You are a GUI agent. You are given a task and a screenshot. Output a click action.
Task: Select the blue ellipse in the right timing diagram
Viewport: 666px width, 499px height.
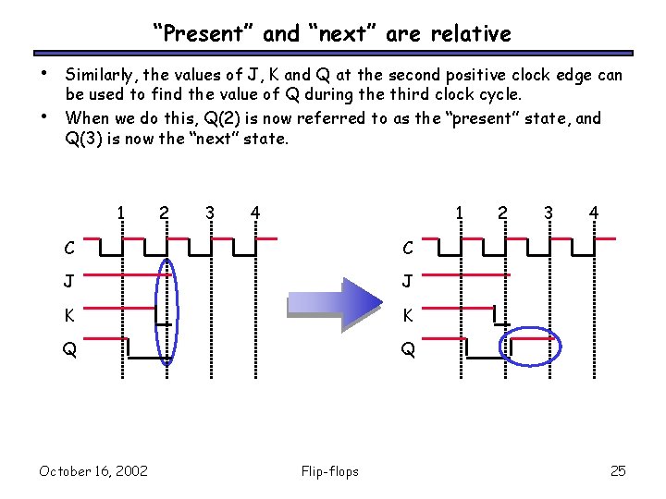pyautogui.click(x=529, y=346)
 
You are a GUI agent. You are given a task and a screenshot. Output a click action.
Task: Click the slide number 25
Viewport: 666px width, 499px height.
pyautogui.click(x=618, y=471)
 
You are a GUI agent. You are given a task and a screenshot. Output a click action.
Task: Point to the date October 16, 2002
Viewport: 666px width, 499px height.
pyautogui.click(x=93, y=471)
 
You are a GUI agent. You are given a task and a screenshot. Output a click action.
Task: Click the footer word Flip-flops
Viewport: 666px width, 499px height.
pyautogui.click(x=330, y=471)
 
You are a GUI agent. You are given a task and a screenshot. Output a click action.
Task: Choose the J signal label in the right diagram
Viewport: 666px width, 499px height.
pyautogui.click(x=407, y=282)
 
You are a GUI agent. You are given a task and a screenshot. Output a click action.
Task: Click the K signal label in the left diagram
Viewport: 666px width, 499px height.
pyautogui.click(x=70, y=316)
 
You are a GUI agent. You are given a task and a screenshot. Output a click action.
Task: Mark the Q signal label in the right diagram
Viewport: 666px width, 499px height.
pyautogui.click(x=408, y=350)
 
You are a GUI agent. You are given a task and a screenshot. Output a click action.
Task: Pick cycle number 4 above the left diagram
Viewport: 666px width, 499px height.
pyautogui.click(x=254, y=213)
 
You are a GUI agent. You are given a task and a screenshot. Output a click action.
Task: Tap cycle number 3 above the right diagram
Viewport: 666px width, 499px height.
pyautogui.click(x=549, y=213)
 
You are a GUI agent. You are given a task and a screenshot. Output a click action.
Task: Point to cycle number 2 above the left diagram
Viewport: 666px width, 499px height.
pyautogui.click(x=164, y=213)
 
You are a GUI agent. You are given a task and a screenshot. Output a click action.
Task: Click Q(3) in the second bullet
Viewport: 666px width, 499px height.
pyautogui.click(x=86, y=140)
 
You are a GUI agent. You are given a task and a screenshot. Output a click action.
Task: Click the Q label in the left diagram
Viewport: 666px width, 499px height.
pyautogui.click(x=70, y=350)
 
